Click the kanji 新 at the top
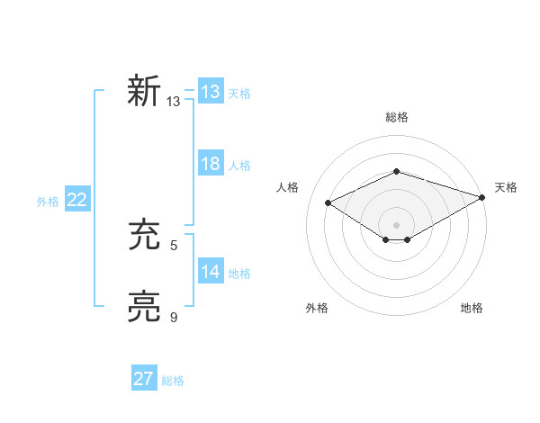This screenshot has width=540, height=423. click(144, 91)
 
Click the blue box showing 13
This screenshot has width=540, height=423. click(210, 92)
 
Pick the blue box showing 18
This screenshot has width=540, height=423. click(210, 164)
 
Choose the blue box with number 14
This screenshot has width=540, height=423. click(210, 272)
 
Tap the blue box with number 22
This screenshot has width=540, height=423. click(76, 200)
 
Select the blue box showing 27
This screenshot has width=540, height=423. click(143, 379)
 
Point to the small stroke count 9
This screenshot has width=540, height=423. click(174, 317)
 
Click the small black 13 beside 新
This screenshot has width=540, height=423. click(174, 102)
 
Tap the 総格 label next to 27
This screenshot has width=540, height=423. click(173, 381)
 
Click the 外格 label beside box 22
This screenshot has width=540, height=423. click(48, 202)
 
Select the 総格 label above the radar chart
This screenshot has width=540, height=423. click(396, 117)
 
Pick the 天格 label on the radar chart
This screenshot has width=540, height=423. click(506, 187)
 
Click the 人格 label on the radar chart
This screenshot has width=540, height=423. click(288, 187)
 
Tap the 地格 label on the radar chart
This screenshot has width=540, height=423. click(472, 309)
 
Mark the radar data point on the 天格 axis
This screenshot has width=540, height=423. click(483, 196)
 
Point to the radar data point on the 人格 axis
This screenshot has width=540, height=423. click(328, 203)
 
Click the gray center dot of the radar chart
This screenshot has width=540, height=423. click(396, 224)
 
